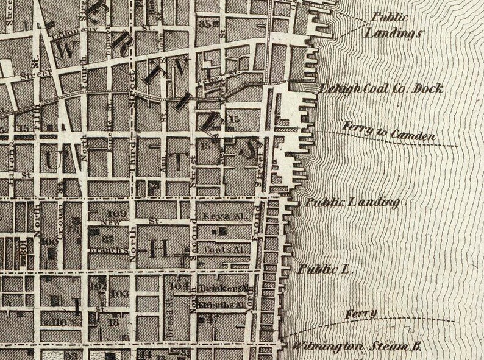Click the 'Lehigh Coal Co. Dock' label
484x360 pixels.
tap(381, 89)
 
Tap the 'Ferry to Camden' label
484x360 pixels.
tap(389, 132)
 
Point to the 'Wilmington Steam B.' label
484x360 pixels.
tap(357, 346)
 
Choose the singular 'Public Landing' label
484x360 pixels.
tap(352, 202)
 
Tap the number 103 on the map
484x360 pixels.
tap(120, 294)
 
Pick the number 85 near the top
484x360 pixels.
tap(205, 24)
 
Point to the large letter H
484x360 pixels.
tap(159, 247)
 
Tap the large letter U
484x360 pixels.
tap(51, 160)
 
